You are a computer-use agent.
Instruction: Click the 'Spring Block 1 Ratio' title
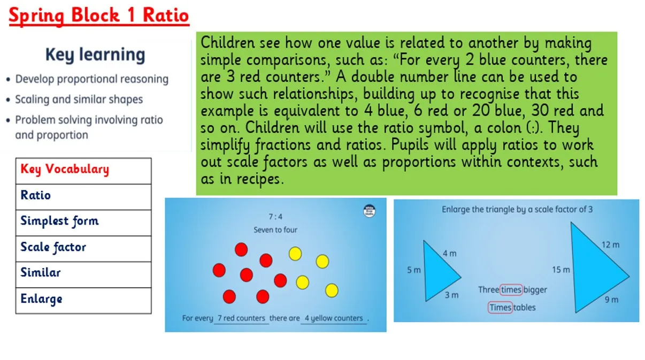tap(99, 16)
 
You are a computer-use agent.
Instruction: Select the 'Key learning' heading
tap(95, 55)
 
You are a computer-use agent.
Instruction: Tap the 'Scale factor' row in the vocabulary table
tap(83, 249)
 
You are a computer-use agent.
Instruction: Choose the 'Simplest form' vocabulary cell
tap(83, 223)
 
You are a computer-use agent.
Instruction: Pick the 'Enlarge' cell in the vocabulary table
tap(83, 301)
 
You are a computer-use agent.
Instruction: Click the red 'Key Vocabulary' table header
tap(83, 171)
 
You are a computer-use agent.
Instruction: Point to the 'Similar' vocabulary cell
tap(83, 274)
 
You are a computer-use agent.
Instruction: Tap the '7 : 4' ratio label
tap(275, 217)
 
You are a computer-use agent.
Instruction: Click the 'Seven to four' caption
tap(275, 230)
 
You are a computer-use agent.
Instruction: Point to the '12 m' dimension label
tap(610, 245)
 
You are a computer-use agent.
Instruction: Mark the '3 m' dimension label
tap(451, 295)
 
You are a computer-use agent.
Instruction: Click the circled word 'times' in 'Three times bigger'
tap(511, 289)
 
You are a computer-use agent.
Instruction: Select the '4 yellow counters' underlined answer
tap(334, 318)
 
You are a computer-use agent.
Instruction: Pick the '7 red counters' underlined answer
tap(241, 318)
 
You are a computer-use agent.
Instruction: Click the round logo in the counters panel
tap(369, 211)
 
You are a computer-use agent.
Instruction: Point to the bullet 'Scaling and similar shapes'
tap(79, 99)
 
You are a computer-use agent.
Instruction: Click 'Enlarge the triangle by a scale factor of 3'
tap(517, 209)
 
